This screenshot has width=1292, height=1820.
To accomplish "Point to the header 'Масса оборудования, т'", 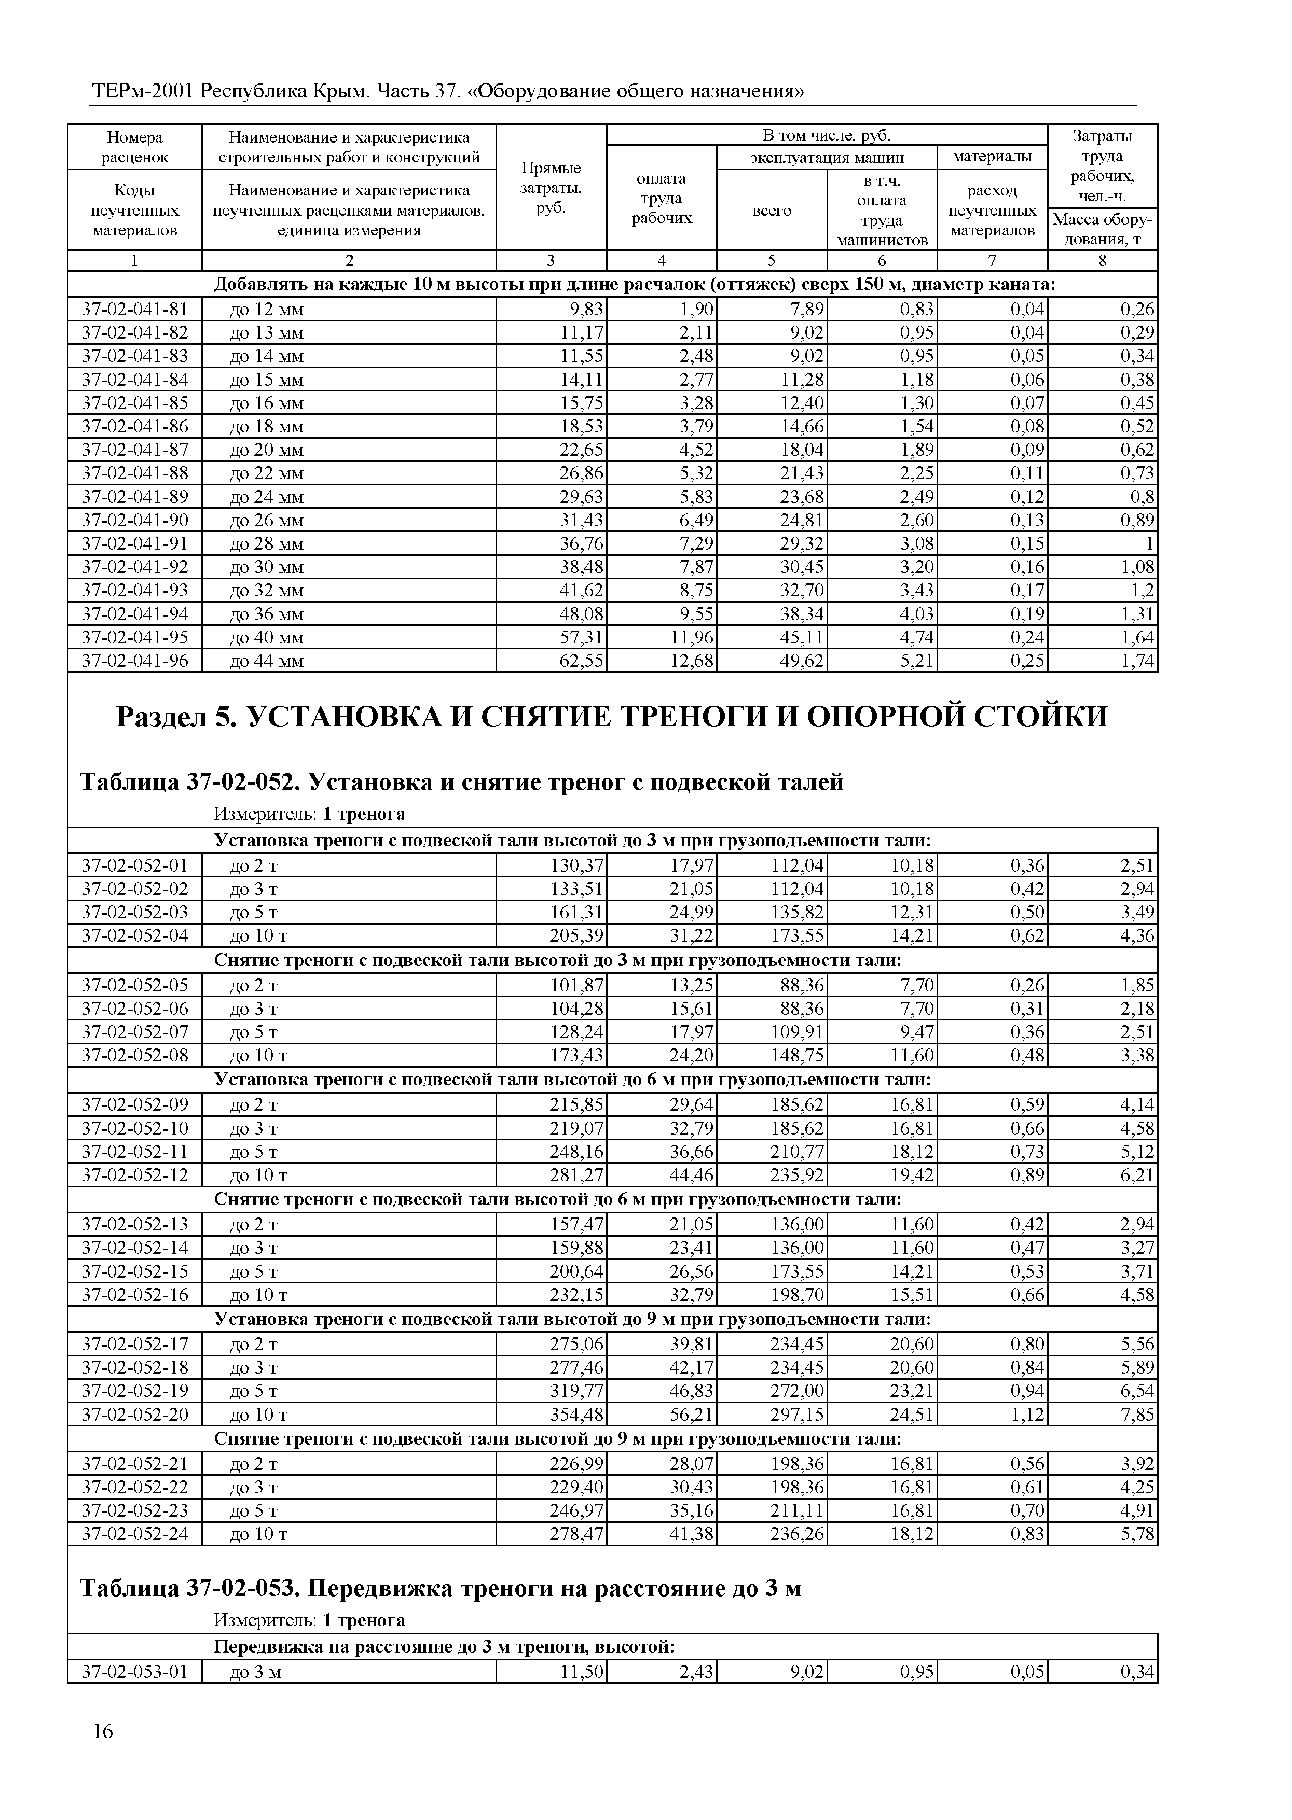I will [x=1102, y=229].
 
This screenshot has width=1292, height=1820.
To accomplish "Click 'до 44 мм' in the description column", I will [x=267, y=661].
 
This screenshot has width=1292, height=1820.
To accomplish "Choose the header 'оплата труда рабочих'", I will [x=661, y=198].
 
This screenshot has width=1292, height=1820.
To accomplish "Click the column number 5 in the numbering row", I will [x=771, y=261].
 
